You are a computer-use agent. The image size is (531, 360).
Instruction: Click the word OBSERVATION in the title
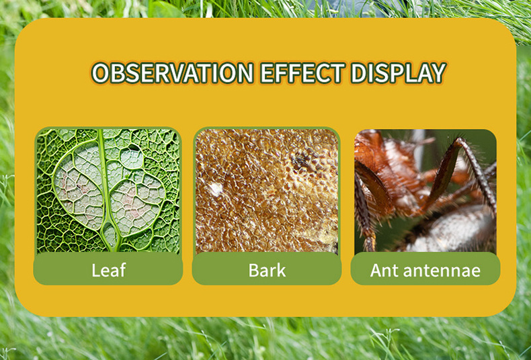pos(172,73)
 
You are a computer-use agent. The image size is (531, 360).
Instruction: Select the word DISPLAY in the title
pos(399,73)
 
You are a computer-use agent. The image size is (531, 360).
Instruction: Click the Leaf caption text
pos(108,270)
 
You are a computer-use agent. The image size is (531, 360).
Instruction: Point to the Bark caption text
pos(267,270)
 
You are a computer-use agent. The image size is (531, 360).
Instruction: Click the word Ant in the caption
pos(382,270)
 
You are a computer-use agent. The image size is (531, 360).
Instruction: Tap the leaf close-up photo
pos(108,191)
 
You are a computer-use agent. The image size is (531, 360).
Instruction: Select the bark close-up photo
pos(267,191)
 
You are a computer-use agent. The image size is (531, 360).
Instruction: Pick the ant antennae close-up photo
pos(425,191)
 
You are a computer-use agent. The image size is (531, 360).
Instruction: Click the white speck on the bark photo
pos(215,189)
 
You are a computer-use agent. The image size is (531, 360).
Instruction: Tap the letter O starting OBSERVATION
pos(101,73)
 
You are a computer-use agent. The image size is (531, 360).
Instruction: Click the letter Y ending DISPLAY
pos(438,73)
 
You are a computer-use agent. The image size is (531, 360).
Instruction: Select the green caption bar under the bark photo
pos(267,269)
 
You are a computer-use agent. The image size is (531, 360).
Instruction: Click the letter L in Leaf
pos(96,270)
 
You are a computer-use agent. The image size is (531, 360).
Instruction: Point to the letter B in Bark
pos(254,270)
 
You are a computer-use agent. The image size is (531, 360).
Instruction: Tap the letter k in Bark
pos(281,270)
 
